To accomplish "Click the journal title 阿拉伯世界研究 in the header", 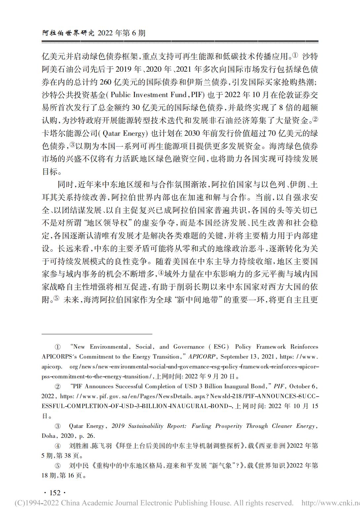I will pos(68,33).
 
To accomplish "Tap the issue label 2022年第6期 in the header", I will pos(122,33).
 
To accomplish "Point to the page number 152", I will pos(55,493).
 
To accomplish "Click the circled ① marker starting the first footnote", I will pos(57,347).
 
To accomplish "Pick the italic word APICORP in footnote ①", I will pos(202,357).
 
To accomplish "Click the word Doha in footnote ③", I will pos(49,436).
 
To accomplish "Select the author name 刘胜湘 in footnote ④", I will pos(79,446).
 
